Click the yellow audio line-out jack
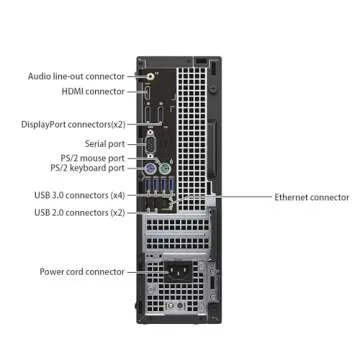coord(149,74)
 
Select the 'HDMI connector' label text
coord(93,91)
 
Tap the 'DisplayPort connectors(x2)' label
coord(72,124)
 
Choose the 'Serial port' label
coord(103,143)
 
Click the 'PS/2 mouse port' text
coord(92,158)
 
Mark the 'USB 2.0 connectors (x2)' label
coord(79,212)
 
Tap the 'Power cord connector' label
coord(82,271)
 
